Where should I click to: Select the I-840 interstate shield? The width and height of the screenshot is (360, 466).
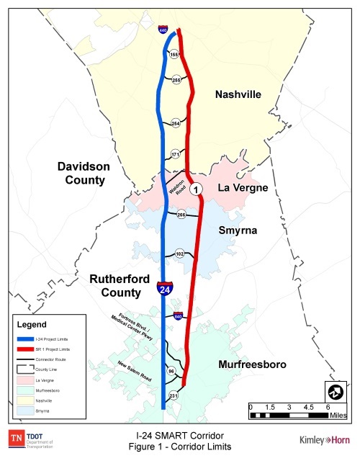click(x=177, y=315)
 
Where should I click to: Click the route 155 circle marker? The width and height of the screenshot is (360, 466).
click(x=174, y=54)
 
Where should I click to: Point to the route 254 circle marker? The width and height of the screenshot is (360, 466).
click(x=176, y=124)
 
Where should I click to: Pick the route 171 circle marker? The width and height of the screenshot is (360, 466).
click(x=174, y=154)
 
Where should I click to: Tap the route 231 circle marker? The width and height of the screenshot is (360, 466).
click(x=174, y=395)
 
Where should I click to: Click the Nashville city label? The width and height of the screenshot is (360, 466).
click(x=238, y=94)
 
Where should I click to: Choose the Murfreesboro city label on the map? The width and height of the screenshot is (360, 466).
click(x=252, y=364)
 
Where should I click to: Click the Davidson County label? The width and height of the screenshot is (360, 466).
click(x=84, y=173)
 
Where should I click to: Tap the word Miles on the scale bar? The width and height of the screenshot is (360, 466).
click(x=339, y=416)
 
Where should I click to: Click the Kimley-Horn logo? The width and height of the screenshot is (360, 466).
click(x=324, y=440)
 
